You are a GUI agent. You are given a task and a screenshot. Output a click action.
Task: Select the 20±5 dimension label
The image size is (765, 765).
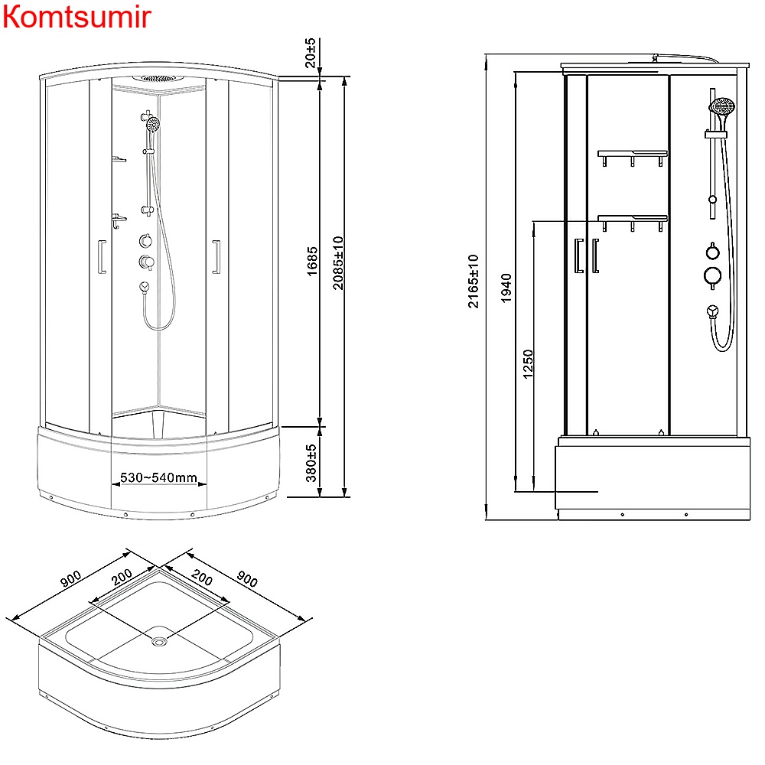(x=310, y=52)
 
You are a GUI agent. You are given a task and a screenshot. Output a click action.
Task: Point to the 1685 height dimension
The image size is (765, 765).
(x=312, y=262)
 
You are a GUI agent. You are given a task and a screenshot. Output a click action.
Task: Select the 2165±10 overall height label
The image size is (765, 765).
(x=474, y=281)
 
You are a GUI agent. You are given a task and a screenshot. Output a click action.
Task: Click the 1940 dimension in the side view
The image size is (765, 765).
(x=506, y=287)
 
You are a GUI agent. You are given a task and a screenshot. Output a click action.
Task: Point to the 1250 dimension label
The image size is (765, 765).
(x=528, y=364)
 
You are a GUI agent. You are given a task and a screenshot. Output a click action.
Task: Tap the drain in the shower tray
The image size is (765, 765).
(x=159, y=641)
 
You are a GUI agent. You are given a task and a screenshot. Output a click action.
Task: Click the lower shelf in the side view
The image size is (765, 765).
(x=632, y=220)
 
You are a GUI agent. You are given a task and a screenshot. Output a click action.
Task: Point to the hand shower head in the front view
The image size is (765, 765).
(x=154, y=123)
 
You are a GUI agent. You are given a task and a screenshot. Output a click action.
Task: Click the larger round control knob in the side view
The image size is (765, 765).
(x=712, y=276)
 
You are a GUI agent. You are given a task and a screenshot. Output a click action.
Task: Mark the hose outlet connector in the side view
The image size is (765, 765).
(x=712, y=311)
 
